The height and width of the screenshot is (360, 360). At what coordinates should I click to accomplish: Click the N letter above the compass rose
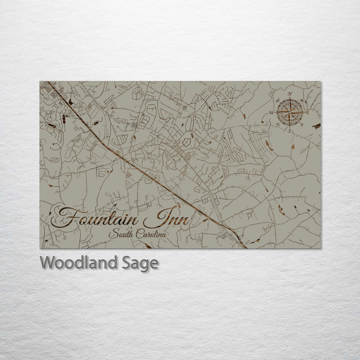click(290, 94)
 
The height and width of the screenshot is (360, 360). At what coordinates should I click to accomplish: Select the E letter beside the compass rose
click(308, 113)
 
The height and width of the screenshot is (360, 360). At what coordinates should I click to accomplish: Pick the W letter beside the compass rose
click(272, 113)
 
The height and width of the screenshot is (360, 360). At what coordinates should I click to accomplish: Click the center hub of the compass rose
click(290, 112)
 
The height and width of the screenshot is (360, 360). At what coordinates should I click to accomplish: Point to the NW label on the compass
click(278, 100)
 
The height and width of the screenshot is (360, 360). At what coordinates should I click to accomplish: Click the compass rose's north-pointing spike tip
click(290, 98)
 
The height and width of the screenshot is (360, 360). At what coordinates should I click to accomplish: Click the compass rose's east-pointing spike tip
click(304, 112)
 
